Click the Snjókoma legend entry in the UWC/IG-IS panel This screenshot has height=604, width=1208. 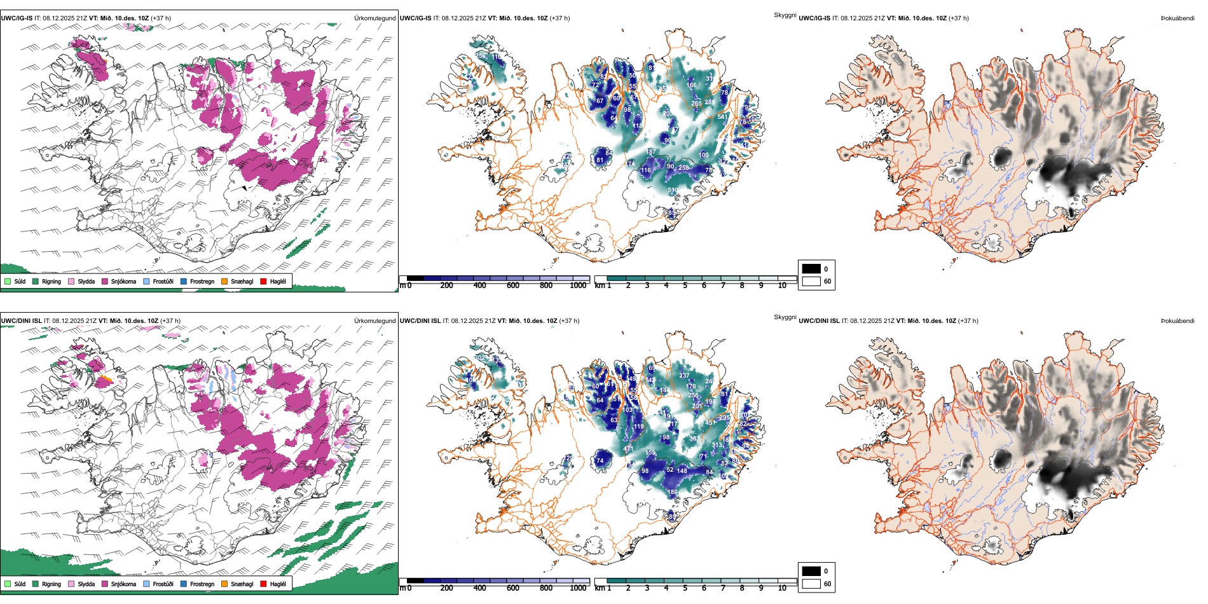point(123,282)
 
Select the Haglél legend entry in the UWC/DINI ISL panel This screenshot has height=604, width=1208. point(278,584)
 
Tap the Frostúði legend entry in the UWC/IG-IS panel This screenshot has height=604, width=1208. point(163,282)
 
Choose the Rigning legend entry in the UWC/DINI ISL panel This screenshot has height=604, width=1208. point(51,584)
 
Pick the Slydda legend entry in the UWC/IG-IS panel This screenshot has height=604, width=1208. point(86,282)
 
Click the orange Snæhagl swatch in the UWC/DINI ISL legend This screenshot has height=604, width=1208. point(224,584)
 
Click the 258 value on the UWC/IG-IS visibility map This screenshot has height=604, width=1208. point(683,168)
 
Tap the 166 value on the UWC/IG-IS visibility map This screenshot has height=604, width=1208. point(692,85)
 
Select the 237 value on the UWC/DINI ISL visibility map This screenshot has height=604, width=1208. point(684,376)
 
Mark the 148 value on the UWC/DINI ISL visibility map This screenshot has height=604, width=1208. point(682,471)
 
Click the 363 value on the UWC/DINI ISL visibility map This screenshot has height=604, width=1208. point(694,439)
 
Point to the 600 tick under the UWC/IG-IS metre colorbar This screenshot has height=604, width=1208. point(512,286)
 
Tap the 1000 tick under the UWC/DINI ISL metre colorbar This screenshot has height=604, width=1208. point(578,589)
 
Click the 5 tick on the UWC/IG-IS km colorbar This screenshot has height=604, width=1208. point(685,286)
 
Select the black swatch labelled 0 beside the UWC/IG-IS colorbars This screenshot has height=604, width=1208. point(811,269)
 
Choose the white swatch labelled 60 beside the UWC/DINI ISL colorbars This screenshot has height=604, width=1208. point(811,584)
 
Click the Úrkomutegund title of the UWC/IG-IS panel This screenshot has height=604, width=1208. point(374,18)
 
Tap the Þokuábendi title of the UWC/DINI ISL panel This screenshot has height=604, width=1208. point(1177,321)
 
